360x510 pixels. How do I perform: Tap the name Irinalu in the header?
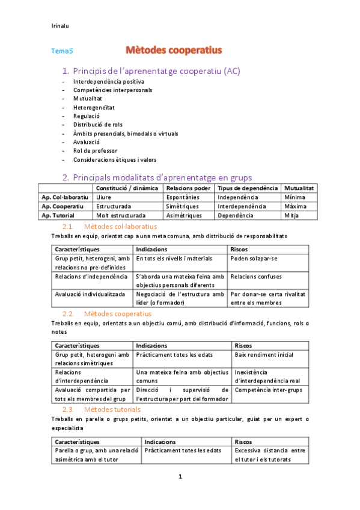point(61,25)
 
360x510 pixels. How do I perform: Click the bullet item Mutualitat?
point(88,99)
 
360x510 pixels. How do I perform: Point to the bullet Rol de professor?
point(96,151)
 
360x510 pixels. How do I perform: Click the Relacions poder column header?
point(188,188)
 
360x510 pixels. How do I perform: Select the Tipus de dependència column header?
point(248,188)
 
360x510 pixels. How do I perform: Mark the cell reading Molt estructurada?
point(120,215)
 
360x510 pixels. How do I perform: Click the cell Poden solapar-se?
point(254,259)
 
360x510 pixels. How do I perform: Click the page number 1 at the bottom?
point(180,477)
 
